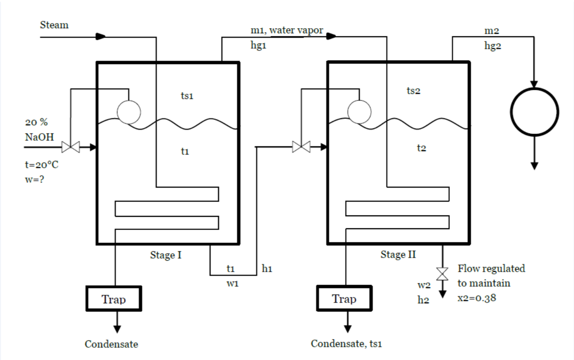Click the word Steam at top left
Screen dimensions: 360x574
pos(54,25)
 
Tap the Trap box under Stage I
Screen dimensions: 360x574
pos(114,299)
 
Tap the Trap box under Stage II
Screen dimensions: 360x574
pos(344,299)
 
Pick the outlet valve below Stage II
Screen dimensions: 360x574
pos(443,273)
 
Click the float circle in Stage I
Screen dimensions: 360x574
pos(129,112)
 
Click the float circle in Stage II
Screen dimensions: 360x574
pos(359,112)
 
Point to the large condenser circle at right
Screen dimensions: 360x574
pos(534,112)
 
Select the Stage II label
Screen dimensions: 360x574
pos(398,255)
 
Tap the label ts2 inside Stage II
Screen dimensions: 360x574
pos(413,91)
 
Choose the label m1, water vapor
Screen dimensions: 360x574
pos(287,30)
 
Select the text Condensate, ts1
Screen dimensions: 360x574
pos(346,344)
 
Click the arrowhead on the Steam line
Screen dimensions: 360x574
pos(101,37)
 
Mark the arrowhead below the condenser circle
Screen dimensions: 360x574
pos(534,165)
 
